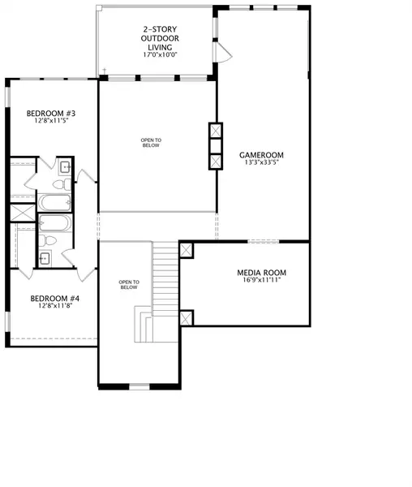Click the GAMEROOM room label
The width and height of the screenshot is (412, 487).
click(261, 155)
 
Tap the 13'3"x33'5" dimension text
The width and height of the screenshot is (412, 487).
click(261, 162)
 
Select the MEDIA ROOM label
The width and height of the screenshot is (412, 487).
click(261, 273)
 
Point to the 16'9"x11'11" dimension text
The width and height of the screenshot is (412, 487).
click(261, 280)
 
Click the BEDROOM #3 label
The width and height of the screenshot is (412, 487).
click(51, 114)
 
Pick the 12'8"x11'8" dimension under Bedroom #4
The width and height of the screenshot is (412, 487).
click(55, 306)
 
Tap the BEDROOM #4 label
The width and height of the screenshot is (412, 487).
click(55, 299)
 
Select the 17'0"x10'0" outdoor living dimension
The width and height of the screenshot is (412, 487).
click(160, 54)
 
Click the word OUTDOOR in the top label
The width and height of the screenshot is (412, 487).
click(160, 38)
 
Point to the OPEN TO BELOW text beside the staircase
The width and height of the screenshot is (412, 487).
click(129, 285)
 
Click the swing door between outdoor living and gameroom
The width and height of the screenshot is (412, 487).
click(223, 52)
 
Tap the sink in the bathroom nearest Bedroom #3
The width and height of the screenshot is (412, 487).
click(66, 166)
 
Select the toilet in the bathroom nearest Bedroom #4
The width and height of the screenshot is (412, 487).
click(48, 240)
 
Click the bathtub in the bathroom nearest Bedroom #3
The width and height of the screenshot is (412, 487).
click(54, 202)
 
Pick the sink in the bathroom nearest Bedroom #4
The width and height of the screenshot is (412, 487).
click(45, 258)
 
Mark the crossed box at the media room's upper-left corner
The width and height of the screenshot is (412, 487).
click(187, 250)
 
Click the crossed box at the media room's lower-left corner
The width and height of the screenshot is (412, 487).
click(187, 318)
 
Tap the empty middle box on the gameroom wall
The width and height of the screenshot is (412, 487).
click(216, 145)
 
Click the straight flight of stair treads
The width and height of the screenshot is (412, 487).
click(165, 278)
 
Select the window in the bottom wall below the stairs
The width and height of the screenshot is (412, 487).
click(139, 386)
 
